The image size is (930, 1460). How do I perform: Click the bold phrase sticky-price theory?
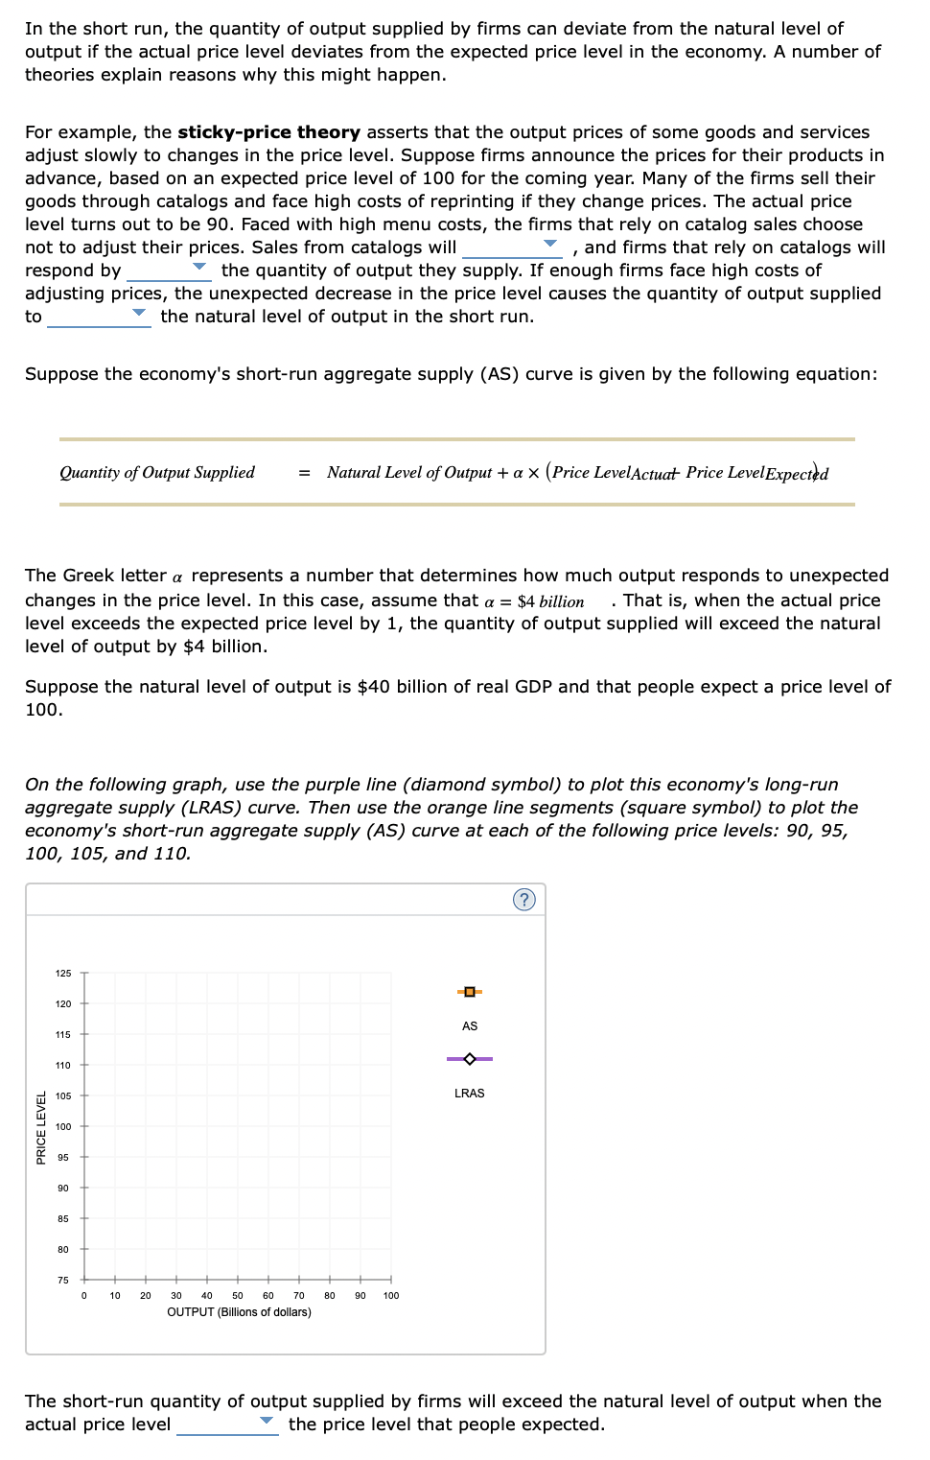click(268, 132)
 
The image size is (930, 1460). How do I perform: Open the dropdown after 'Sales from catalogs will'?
click(512, 247)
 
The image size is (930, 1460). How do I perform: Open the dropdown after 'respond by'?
click(168, 271)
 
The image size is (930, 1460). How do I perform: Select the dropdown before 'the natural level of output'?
click(99, 317)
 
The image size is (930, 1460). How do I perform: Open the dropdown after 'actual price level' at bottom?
click(227, 1425)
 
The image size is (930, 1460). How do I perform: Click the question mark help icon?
click(523, 899)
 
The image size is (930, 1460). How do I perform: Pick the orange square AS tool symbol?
click(470, 991)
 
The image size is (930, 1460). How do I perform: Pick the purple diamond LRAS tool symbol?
click(470, 1059)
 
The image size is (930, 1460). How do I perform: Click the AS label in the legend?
click(470, 1026)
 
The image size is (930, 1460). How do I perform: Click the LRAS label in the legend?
click(470, 1094)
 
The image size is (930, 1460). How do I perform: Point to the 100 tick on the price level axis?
click(63, 1127)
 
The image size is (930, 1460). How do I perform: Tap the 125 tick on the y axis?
click(63, 974)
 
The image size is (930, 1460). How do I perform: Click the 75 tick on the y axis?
click(63, 1281)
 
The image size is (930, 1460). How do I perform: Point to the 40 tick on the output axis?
click(207, 1296)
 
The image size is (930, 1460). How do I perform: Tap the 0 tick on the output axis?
click(84, 1296)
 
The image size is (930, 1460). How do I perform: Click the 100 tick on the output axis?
click(391, 1296)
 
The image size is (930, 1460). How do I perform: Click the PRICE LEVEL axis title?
click(41, 1128)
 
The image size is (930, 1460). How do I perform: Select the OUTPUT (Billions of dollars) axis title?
click(239, 1312)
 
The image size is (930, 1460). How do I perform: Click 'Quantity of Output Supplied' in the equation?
click(157, 472)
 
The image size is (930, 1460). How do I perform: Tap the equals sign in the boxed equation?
click(304, 473)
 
